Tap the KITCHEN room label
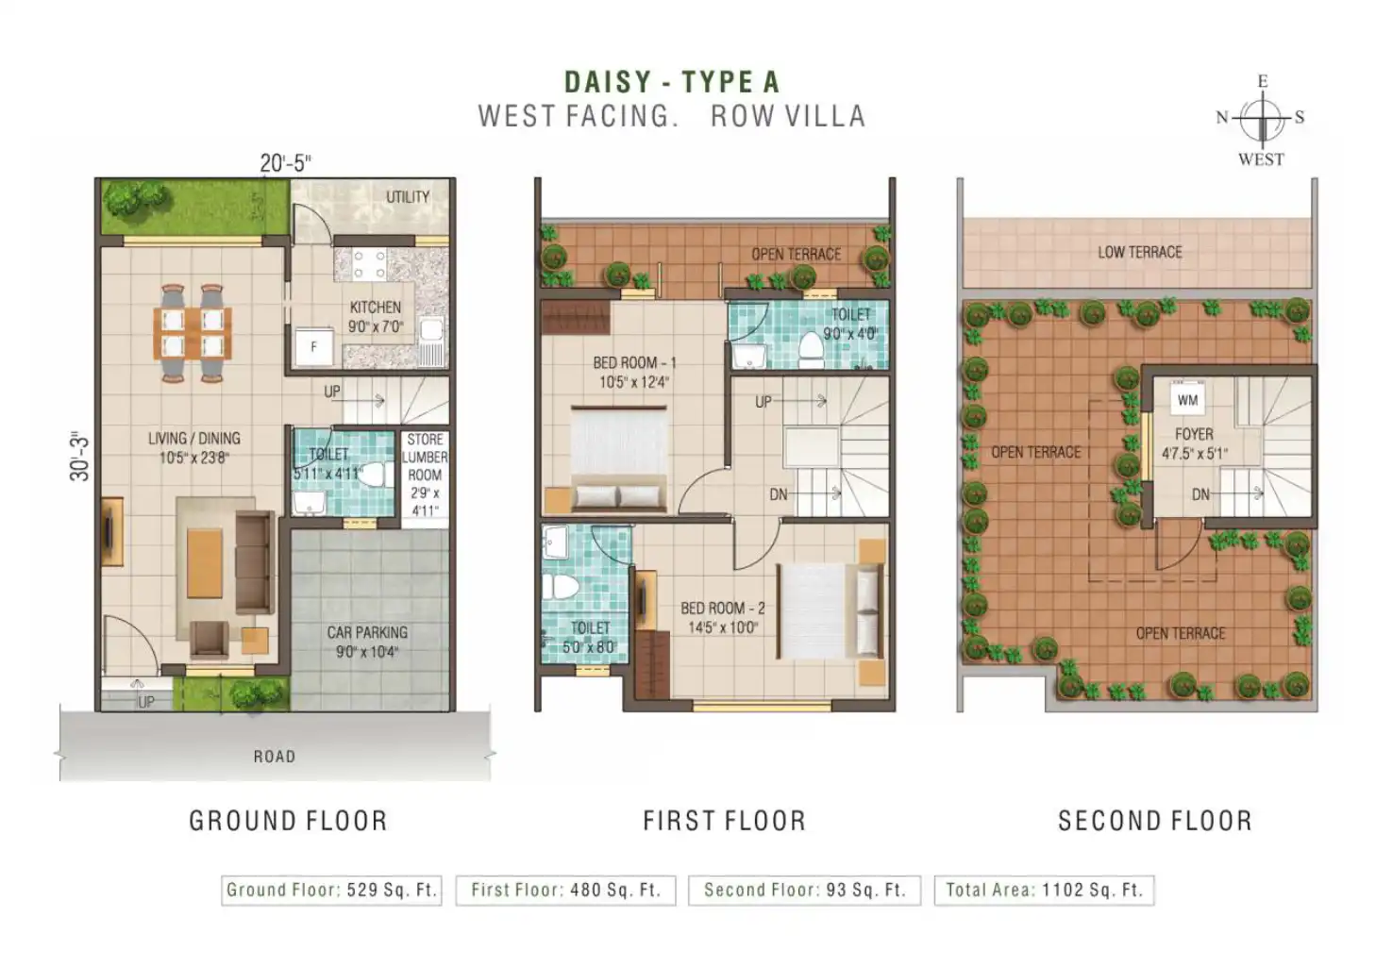pos(376,307)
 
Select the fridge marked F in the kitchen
pos(314,347)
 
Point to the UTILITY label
pos(408,196)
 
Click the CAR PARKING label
pos(367,632)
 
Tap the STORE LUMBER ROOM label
pos(425,457)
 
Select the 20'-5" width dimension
pos(285,163)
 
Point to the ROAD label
pos(275,756)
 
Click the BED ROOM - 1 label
pos(634,362)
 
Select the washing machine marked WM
pos(1187,400)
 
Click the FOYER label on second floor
pos(1194,434)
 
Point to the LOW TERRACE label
pos(1139,252)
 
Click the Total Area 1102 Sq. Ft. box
pos(1045,890)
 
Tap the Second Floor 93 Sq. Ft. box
pos(805,890)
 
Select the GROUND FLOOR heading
pos(288,821)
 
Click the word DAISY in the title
pos(608,82)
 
